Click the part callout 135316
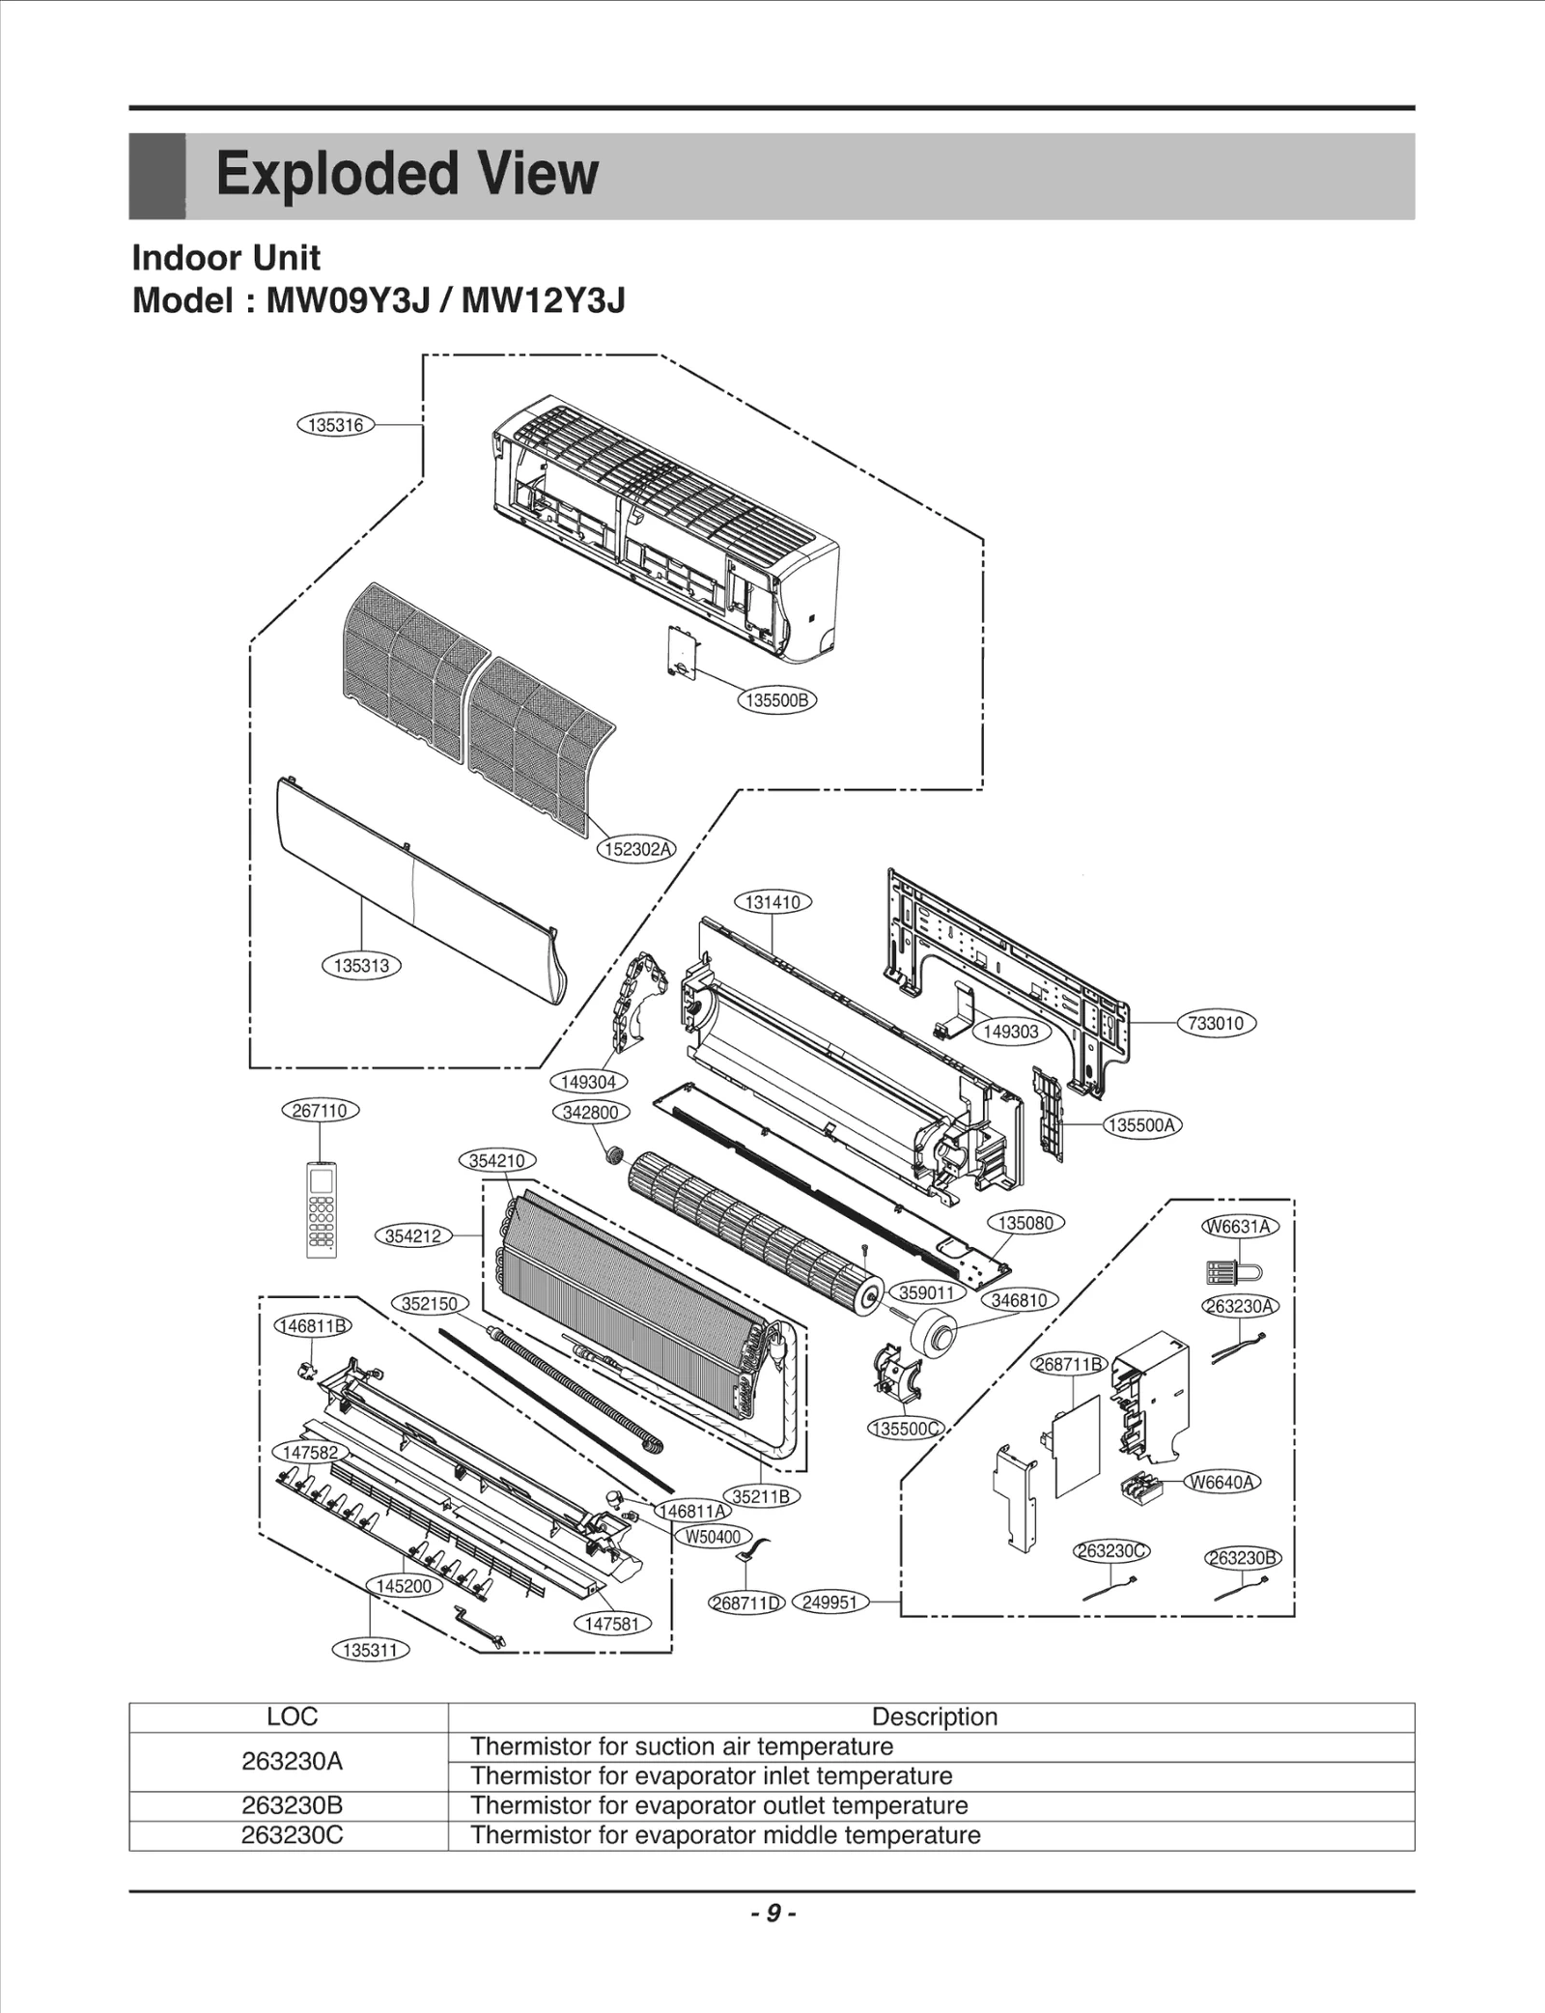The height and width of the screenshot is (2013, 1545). (335, 425)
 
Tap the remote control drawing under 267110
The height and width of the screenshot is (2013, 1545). (322, 1209)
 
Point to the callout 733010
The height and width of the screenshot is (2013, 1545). (1216, 1023)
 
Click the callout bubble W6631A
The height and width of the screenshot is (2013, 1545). (1240, 1227)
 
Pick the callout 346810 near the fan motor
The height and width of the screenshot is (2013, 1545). (1020, 1300)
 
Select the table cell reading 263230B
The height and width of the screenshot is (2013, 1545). (292, 1805)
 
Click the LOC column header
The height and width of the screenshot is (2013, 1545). (292, 1716)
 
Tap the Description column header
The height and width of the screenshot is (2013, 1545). (934, 1716)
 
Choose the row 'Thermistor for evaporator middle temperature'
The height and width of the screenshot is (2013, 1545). (725, 1835)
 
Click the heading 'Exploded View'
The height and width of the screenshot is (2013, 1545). (407, 175)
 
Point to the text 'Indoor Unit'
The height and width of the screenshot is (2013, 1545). (226, 258)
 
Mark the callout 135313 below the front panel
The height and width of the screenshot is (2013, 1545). (361, 965)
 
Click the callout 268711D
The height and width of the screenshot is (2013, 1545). (746, 1602)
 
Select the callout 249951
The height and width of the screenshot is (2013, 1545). (829, 1602)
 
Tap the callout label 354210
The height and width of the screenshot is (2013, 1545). (496, 1161)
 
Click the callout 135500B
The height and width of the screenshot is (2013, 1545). (776, 700)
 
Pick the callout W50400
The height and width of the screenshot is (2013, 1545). (713, 1537)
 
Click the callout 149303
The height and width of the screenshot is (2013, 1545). (1010, 1032)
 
